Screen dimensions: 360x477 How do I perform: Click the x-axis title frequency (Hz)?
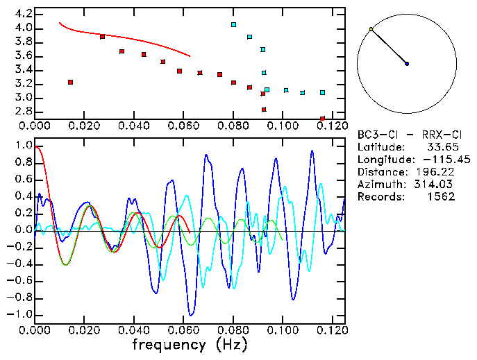189,345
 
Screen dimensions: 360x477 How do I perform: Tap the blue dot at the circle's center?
407,64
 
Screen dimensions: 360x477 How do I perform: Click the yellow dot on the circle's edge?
371,29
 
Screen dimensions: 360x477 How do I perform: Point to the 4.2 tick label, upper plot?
23,14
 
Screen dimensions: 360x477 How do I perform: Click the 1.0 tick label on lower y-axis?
23,146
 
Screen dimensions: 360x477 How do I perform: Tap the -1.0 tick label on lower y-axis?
20,314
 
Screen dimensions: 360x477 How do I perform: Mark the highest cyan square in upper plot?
234,24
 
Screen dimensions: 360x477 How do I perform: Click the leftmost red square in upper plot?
70,82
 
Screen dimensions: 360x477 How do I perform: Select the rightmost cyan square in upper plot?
322,92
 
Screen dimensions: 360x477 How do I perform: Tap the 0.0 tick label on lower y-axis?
23,230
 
